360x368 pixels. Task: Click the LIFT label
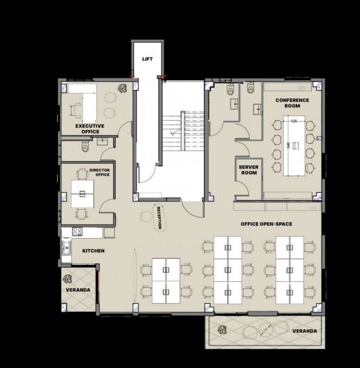148,59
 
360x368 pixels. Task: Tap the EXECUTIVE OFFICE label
90,129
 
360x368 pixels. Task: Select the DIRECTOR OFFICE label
100,172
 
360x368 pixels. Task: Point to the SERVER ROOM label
249,170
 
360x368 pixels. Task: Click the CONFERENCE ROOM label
292,103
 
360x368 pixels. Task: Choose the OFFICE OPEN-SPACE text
267,224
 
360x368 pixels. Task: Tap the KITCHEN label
93,251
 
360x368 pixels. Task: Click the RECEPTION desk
159,218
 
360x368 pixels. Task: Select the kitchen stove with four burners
77,232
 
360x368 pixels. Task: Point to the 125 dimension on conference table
294,121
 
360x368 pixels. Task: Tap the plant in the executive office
122,88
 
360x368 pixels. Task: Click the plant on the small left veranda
68,279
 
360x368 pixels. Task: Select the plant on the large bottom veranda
222,330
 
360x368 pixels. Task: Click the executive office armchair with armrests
75,109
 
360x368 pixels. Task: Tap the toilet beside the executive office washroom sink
85,146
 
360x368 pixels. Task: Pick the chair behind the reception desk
146,217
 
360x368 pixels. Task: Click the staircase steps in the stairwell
183,131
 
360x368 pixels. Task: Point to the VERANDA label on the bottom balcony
305,331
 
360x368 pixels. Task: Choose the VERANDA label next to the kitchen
78,290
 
